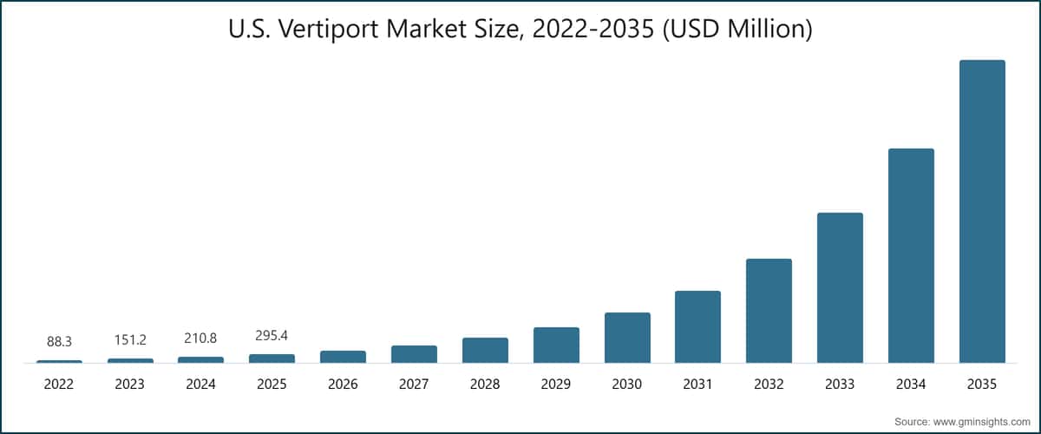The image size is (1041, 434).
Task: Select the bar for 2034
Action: pos(911,255)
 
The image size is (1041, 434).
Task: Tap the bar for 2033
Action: pos(840,287)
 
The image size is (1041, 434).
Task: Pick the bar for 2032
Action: pos(769,311)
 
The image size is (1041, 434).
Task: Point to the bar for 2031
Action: pos(697,326)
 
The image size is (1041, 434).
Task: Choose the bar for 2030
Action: pos(627,338)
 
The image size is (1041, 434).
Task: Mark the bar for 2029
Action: pos(556,345)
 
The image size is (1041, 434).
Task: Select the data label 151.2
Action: pos(130,340)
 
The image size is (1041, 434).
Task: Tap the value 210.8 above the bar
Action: pos(200,339)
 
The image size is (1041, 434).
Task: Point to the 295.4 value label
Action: pos(272,336)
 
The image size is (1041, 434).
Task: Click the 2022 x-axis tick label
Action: pos(59,384)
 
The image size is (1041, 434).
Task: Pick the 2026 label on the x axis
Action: pos(343,384)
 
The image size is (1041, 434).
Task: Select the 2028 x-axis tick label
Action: pos(485,384)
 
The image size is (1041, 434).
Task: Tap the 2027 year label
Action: pos(414,384)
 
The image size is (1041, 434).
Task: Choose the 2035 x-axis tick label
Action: pos(982,384)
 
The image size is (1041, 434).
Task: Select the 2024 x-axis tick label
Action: pos(200,384)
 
